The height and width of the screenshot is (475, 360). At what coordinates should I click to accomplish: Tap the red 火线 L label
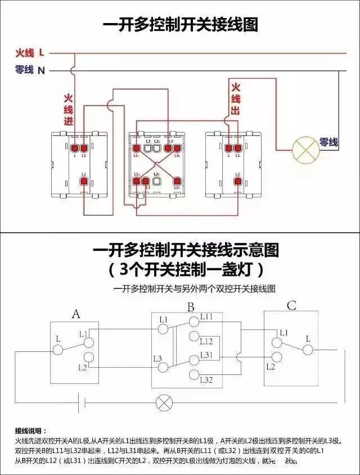pyautogui.click(x=30, y=53)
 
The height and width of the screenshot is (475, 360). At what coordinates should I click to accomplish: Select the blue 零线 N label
pyautogui.click(x=30, y=70)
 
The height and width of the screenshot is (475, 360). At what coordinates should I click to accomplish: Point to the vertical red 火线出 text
pyautogui.click(x=235, y=99)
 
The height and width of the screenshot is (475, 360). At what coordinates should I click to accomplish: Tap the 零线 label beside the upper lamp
pyautogui.click(x=329, y=143)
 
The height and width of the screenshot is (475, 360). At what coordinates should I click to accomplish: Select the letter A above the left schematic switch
pyautogui.click(x=76, y=314)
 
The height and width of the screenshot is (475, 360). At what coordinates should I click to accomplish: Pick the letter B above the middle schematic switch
pyautogui.click(x=191, y=307)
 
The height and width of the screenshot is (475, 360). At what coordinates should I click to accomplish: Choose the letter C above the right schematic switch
pyautogui.click(x=291, y=306)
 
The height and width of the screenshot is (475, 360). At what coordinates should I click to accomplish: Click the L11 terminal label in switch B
pyautogui.click(x=206, y=317)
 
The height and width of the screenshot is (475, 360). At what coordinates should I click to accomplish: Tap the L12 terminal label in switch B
pyautogui.click(x=206, y=341)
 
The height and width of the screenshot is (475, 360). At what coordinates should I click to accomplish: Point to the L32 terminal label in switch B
pyautogui.click(x=206, y=381)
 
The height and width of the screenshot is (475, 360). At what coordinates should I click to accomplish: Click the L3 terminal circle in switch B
pyautogui.click(x=164, y=368)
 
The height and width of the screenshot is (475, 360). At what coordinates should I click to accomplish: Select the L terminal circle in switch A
pyautogui.click(x=57, y=350)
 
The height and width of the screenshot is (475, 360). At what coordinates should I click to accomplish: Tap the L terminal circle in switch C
pyautogui.click(x=307, y=350)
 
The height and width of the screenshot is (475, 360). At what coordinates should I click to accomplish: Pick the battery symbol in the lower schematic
pyautogui.click(x=82, y=402)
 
